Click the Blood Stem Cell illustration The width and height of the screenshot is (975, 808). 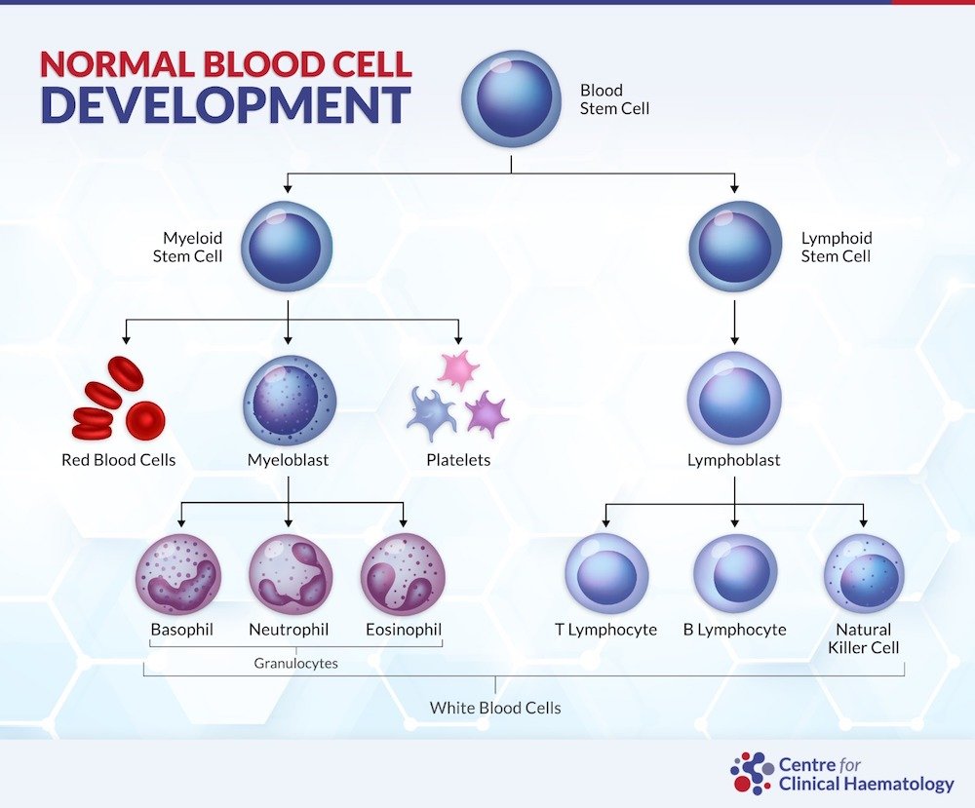coord(511,98)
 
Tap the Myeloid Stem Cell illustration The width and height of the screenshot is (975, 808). coord(287,247)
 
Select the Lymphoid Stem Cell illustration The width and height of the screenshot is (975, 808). coord(735,247)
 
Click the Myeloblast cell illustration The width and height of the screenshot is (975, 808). coord(290,401)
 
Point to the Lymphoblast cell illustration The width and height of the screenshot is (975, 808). coord(734,398)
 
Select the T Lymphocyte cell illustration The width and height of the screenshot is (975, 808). coord(606,574)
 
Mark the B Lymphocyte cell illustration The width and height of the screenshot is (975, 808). coord(735,574)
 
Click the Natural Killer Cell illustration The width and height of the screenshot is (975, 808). coord(864,574)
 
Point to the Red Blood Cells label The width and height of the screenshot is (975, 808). coord(118,460)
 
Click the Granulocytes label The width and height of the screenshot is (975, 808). coord(296,663)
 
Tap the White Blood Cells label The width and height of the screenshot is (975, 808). coord(495,708)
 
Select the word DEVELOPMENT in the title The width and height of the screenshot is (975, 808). coord(226,104)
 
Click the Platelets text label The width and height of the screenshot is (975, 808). coord(458,460)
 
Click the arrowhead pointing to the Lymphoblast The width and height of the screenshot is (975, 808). coord(734,340)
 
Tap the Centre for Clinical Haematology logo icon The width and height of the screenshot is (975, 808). coord(752,773)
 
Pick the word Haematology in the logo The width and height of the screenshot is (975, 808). coord(898,785)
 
